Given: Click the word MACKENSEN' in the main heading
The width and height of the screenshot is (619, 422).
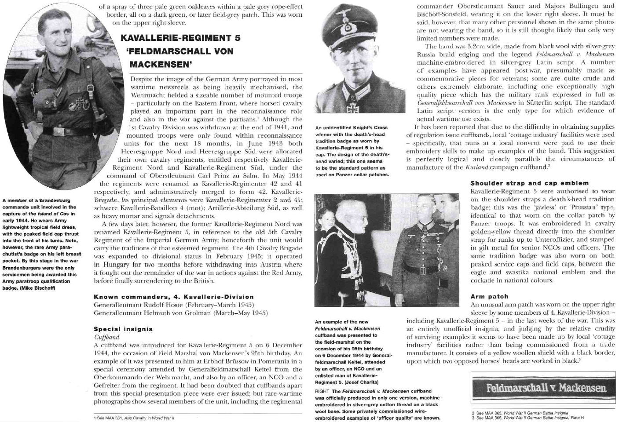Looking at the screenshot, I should (161, 65).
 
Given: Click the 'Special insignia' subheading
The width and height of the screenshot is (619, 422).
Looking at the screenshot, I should (123, 329).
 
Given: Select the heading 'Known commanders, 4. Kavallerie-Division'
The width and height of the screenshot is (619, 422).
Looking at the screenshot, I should (174, 297).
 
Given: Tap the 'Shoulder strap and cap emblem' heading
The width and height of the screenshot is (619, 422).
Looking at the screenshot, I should (529, 183).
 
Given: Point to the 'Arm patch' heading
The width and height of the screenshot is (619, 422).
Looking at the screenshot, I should (489, 297).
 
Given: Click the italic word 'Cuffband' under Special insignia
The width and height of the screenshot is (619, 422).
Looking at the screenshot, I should (107, 337).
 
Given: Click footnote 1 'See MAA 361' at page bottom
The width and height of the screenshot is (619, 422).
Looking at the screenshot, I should (134, 418).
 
